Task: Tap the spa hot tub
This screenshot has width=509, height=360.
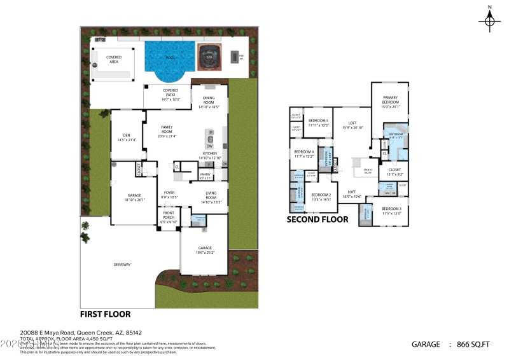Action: click(x=208, y=55)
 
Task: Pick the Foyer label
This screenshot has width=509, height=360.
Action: click(x=169, y=195)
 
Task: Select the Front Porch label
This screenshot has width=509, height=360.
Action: click(x=169, y=219)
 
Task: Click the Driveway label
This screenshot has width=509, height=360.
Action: click(x=122, y=265)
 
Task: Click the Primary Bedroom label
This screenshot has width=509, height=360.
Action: click(x=390, y=102)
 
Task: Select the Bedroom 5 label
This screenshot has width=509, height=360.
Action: click(x=318, y=122)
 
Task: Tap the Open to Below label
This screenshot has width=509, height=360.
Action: click(x=367, y=171)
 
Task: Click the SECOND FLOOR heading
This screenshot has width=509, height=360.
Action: click(x=317, y=219)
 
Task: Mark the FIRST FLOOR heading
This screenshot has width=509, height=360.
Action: click(x=105, y=314)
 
